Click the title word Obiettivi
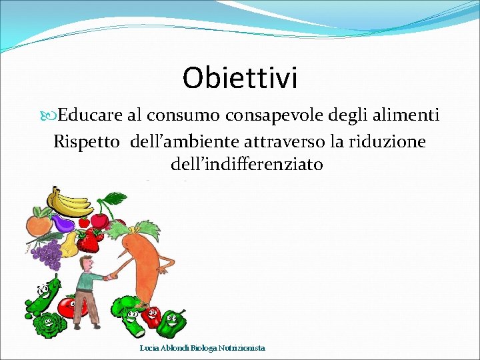tap(240, 78)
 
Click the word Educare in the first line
tap(90, 115)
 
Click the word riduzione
tap(387, 141)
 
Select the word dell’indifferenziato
tap(247, 163)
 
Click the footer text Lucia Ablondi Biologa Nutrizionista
tap(202, 348)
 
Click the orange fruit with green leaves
tap(38, 221)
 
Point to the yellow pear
tap(69, 246)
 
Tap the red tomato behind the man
tap(68, 307)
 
